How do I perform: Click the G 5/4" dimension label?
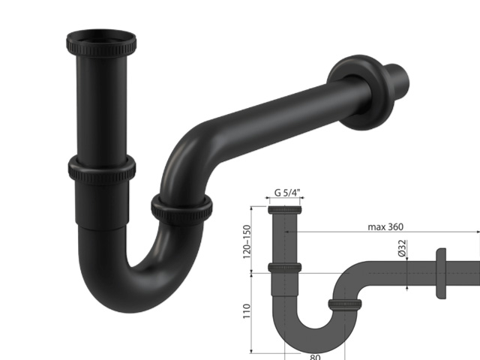(287, 193)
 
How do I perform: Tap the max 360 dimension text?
(385, 226)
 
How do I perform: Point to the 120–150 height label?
(247, 241)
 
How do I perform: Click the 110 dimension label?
(247, 311)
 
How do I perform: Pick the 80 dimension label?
(315, 357)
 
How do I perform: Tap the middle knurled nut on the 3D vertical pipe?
(102, 169)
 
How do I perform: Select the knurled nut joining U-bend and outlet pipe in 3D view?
(181, 210)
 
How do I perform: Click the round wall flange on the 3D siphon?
(361, 92)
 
